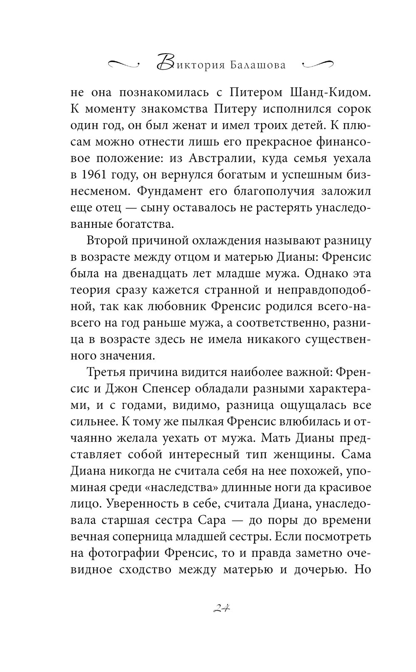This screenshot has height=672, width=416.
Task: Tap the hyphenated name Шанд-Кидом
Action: coord(329,93)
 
